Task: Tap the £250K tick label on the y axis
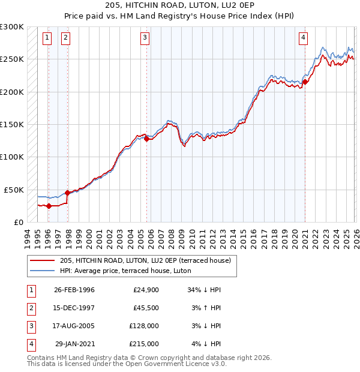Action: click(x=12, y=59)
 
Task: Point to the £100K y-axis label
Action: click(x=12, y=157)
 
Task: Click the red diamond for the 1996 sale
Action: click(x=49, y=206)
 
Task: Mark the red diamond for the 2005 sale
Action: click(x=146, y=139)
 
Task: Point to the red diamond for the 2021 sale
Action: click(x=305, y=82)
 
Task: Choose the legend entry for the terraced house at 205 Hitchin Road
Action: click(x=149, y=260)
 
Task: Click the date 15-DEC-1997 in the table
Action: click(x=74, y=308)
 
